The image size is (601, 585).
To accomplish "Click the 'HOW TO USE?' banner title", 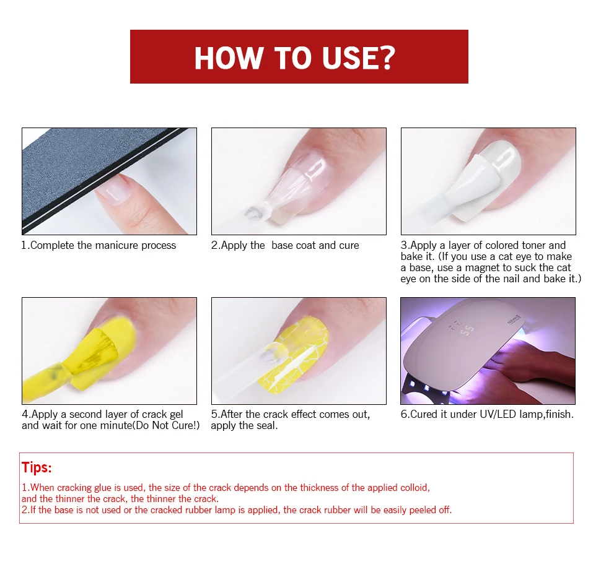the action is point(294,58).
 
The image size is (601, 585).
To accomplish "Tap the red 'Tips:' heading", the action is point(37,467).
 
